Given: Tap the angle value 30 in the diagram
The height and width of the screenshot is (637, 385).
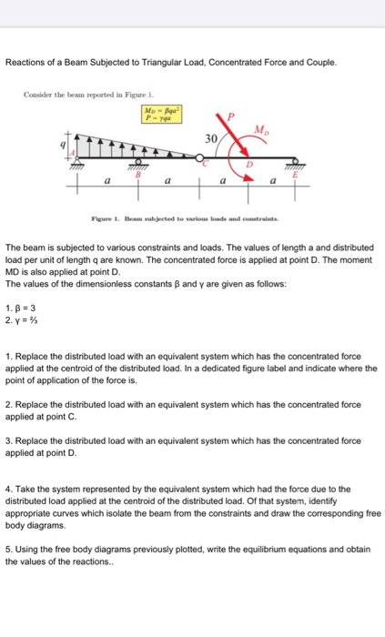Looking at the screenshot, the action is [x=210, y=138].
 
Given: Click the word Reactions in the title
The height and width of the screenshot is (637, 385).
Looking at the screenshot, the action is [x=28, y=63].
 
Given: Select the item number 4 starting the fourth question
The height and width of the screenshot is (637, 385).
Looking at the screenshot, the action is [x=8, y=488].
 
